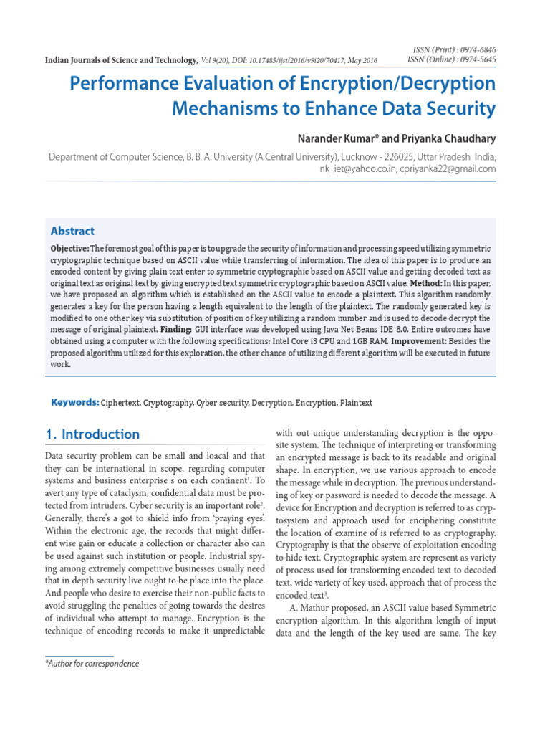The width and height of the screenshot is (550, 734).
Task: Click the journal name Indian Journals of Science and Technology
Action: click(121, 61)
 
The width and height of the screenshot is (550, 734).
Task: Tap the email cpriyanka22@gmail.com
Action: click(443, 169)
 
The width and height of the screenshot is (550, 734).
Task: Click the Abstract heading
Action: click(72, 231)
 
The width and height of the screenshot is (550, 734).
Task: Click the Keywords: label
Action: click(75, 403)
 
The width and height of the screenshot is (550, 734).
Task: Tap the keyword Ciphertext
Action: click(121, 404)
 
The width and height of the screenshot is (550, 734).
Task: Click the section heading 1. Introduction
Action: click(92, 434)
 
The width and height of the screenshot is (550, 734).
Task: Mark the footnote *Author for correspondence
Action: click(92, 664)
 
